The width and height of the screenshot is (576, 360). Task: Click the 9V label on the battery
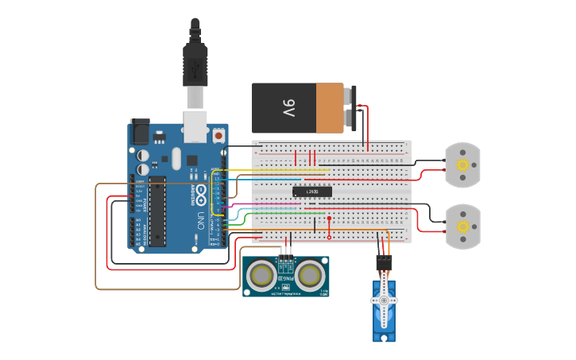(x=288, y=109)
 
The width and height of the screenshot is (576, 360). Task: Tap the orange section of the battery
(x=330, y=108)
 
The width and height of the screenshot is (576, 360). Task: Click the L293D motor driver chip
(x=311, y=192)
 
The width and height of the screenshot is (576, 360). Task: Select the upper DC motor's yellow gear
(x=462, y=165)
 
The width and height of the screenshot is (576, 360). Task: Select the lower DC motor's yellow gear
(x=462, y=226)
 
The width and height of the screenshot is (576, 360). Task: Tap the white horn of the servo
(x=385, y=300)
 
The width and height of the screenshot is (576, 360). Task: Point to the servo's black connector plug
(x=384, y=262)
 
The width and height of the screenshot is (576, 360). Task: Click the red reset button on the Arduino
(x=218, y=135)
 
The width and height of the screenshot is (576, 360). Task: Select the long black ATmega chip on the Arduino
(x=157, y=211)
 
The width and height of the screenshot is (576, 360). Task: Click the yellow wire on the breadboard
(x=278, y=170)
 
